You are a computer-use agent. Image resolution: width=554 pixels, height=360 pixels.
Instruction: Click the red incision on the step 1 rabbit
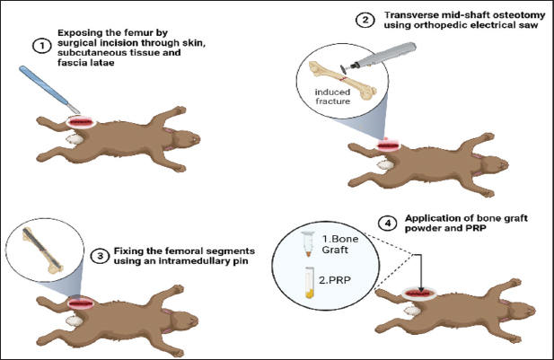pos(81,120)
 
